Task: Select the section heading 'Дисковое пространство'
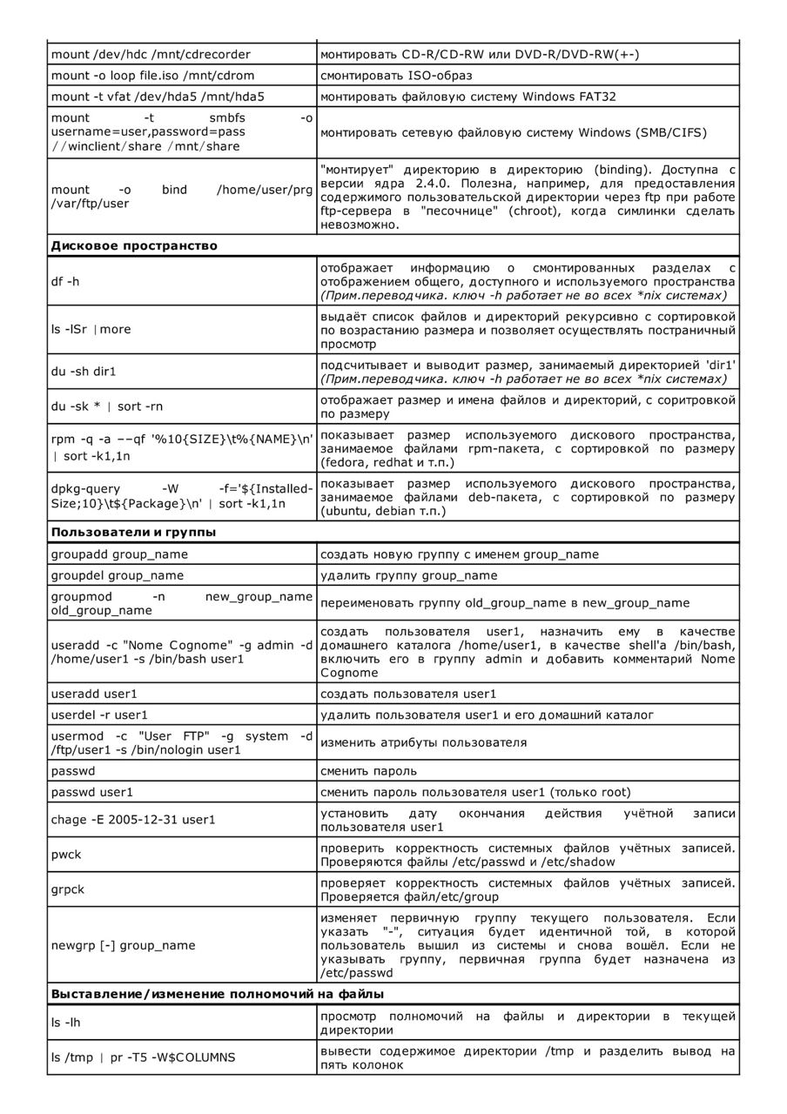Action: point(134,245)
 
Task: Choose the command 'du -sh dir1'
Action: point(84,372)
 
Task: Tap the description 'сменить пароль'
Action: point(368,771)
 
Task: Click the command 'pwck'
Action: point(66,855)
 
